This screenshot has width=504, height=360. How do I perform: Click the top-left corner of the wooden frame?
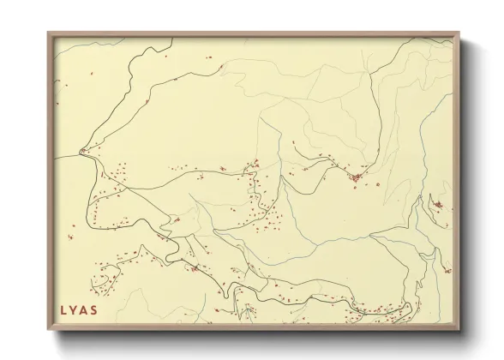coord(47,33)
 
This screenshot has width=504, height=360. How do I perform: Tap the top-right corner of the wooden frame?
coord(460,33)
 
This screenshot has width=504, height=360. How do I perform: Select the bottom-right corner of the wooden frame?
coord(460,331)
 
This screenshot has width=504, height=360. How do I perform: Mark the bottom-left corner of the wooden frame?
coord(47,331)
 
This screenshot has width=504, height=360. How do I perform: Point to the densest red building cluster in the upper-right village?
coord(356,177)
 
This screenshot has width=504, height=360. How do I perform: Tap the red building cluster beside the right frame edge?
coord(438,206)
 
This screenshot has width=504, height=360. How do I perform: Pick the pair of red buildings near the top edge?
coord(208,57)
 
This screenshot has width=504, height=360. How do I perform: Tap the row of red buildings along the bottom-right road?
coord(377,310)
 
